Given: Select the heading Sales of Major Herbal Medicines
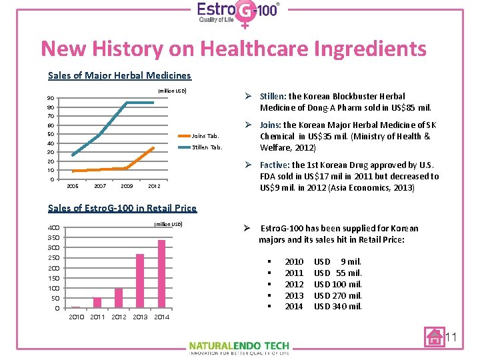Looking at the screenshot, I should pyautogui.click(x=119, y=75).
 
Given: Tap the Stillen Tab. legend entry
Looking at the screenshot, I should pyautogui.click(x=207, y=147).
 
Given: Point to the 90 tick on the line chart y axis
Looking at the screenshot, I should pyautogui.click(x=51, y=99).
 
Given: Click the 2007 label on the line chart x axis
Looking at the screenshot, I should pyautogui.click(x=100, y=186).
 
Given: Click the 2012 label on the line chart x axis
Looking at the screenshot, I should pyautogui.click(x=154, y=186).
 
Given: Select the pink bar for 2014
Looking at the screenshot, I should pyautogui.click(x=161, y=273).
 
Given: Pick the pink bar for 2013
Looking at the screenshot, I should pyautogui.click(x=140, y=281).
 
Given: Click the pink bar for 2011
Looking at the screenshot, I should pyautogui.click(x=97, y=302).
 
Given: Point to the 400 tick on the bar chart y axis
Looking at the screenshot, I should pyautogui.click(x=54, y=227).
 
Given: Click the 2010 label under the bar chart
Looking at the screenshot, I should pyautogui.click(x=77, y=317).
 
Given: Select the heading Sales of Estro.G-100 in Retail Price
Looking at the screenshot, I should pyautogui.click(x=123, y=208).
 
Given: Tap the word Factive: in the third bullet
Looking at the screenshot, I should pyautogui.click(x=273, y=165).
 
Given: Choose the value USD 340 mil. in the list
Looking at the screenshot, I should pyautogui.click(x=338, y=307).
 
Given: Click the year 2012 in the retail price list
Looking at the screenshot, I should pyautogui.click(x=294, y=284).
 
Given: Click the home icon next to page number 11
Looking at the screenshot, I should pyautogui.click(x=434, y=337).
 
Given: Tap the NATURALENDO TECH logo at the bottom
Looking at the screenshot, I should pyautogui.click(x=239, y=347).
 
